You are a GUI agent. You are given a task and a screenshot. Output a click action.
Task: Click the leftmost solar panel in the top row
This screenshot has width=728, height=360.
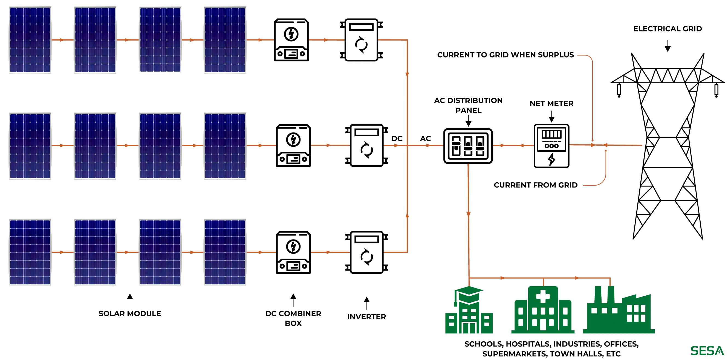point(30,40)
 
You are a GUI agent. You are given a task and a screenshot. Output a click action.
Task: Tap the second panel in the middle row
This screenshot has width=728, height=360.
point(95,146)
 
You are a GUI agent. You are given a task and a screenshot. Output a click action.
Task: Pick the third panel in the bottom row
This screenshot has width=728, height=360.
point(160,252)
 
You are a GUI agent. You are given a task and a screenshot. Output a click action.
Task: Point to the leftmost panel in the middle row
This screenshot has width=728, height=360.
point(30,146)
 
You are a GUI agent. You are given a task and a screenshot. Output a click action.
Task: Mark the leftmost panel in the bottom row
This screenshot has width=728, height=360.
point(30,252)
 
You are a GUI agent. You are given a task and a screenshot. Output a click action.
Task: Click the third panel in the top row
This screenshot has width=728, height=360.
point(160,40)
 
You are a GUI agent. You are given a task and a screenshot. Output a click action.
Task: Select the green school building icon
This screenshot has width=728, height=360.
point(469,314)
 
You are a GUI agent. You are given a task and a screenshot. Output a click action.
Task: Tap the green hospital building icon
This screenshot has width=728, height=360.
point(543,311)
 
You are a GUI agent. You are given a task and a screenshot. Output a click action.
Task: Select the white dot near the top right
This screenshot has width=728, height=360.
point(484,55)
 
